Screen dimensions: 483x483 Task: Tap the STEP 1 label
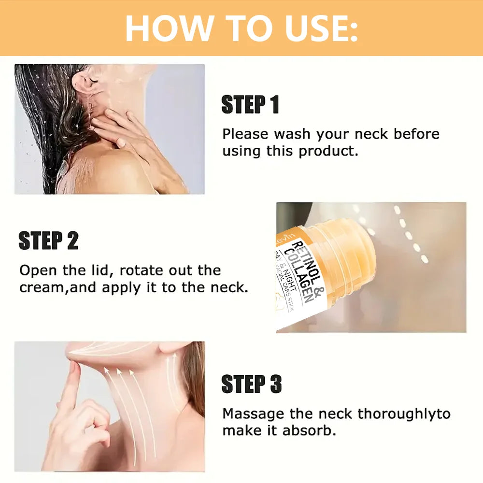tap(250, 105)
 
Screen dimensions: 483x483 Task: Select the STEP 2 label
tap(48, 241)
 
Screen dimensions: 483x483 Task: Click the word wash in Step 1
tap(290, 134)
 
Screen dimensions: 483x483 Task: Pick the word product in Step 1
tap(328, 151)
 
